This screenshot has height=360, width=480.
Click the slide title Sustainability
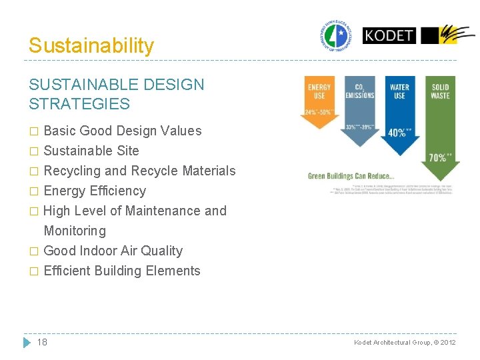(91, 45)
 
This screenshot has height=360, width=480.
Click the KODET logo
(389, 35)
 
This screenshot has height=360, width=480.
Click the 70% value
(440, 158)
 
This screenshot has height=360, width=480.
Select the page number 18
(42, 342)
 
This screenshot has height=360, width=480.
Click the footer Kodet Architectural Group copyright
(405, 343)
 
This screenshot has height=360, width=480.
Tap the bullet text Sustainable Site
(91, 151)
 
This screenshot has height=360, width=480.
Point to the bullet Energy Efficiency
(95, 191)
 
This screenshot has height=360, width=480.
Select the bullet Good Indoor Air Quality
(113, 251)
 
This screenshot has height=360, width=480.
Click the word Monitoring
(75, 231)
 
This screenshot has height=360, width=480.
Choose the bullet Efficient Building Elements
(122, 271)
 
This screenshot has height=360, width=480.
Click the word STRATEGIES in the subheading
(79, 104)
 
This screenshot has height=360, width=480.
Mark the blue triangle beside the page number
(27, 342)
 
